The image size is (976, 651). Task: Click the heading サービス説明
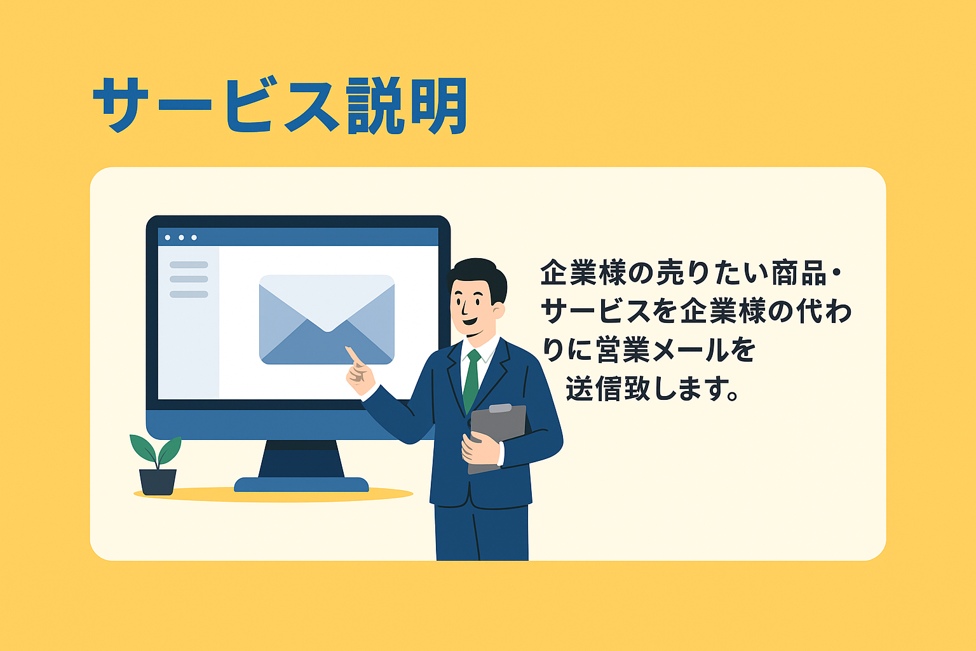pyautogui.click(x=280, y=106)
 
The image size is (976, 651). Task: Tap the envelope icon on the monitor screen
pyautogui.click(x=327, y=320)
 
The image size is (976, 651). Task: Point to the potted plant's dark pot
pyautogui.click(x=158, y=481)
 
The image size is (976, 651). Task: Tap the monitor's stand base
pyautogui.click(x=301, y=484)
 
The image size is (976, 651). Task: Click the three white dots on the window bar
pyautogui.click(x=181, y=238)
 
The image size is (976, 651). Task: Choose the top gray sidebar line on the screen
pyautogui.click(x=189, y=265)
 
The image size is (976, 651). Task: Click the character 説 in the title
pyautogui.click(x=376, y=106)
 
